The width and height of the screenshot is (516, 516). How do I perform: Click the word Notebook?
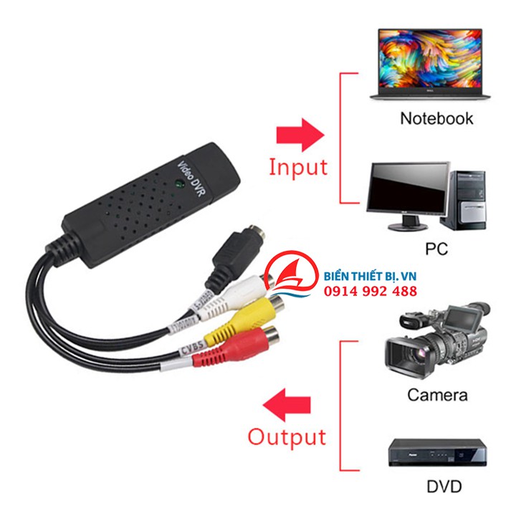(x=436, y=118)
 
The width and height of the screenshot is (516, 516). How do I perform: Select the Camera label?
(x=437, y=393)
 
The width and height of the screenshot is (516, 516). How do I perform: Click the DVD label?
(x=444, y=487)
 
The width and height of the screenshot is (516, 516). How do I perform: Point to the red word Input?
(x=298, y=166)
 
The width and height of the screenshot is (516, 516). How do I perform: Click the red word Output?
(x=287, y=436)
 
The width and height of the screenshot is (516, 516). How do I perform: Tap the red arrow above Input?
(x=300, y=135)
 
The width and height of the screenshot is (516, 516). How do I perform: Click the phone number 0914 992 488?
(x=371, y=291)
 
